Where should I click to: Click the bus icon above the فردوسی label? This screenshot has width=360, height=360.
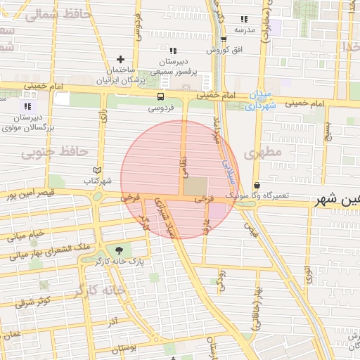pyautogui.click(x=162, y=96)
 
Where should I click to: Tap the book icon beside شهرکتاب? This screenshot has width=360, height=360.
pyautogui.click(x=98, y=170)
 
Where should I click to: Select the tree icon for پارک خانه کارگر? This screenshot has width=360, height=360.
pyautogui.click(x=118, y=250)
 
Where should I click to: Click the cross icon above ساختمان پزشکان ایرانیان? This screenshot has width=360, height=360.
pyautogui.click(x=120, y=60)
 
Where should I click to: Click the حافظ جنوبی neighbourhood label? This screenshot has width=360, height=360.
pyautogui.click(x=55, y=152)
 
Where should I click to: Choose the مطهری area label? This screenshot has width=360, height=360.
pyautogui.click(x=262, y=151)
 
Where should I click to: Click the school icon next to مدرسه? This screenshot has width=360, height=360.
pyautogui.click(x=244, y=19)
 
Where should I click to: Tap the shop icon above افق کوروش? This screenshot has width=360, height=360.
pyautogui.click(x=224, y=39)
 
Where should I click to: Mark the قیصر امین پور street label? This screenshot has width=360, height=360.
pyautogui.click(x=27, y=193)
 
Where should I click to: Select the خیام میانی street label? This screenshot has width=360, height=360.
pyautogui.click(x=26, y=235)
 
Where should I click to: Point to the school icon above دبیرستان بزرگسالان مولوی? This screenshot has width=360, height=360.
pyautogui.click(x=28, y=105)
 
